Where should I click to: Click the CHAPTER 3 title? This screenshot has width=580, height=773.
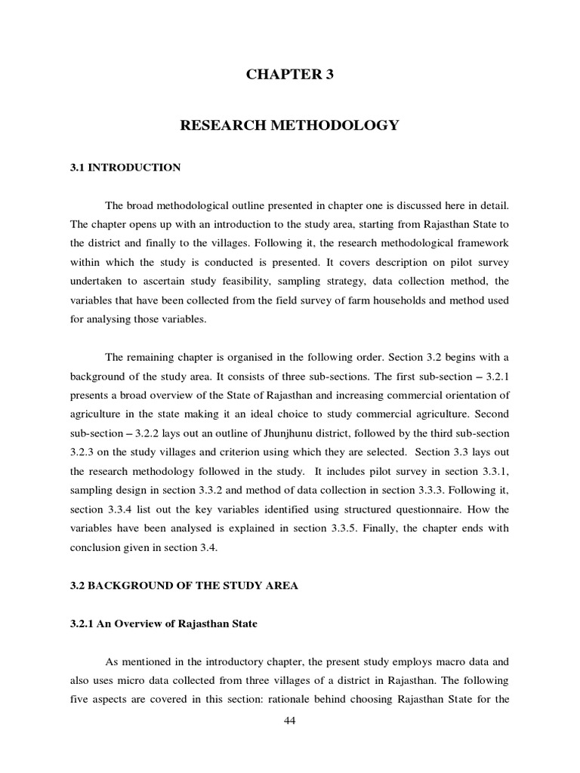pos(289,75)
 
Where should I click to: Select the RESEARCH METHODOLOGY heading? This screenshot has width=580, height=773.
pos(289,125)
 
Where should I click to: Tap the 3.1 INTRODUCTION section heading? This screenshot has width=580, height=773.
pos(125,168)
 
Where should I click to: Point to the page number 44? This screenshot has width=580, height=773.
pos(290,721)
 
